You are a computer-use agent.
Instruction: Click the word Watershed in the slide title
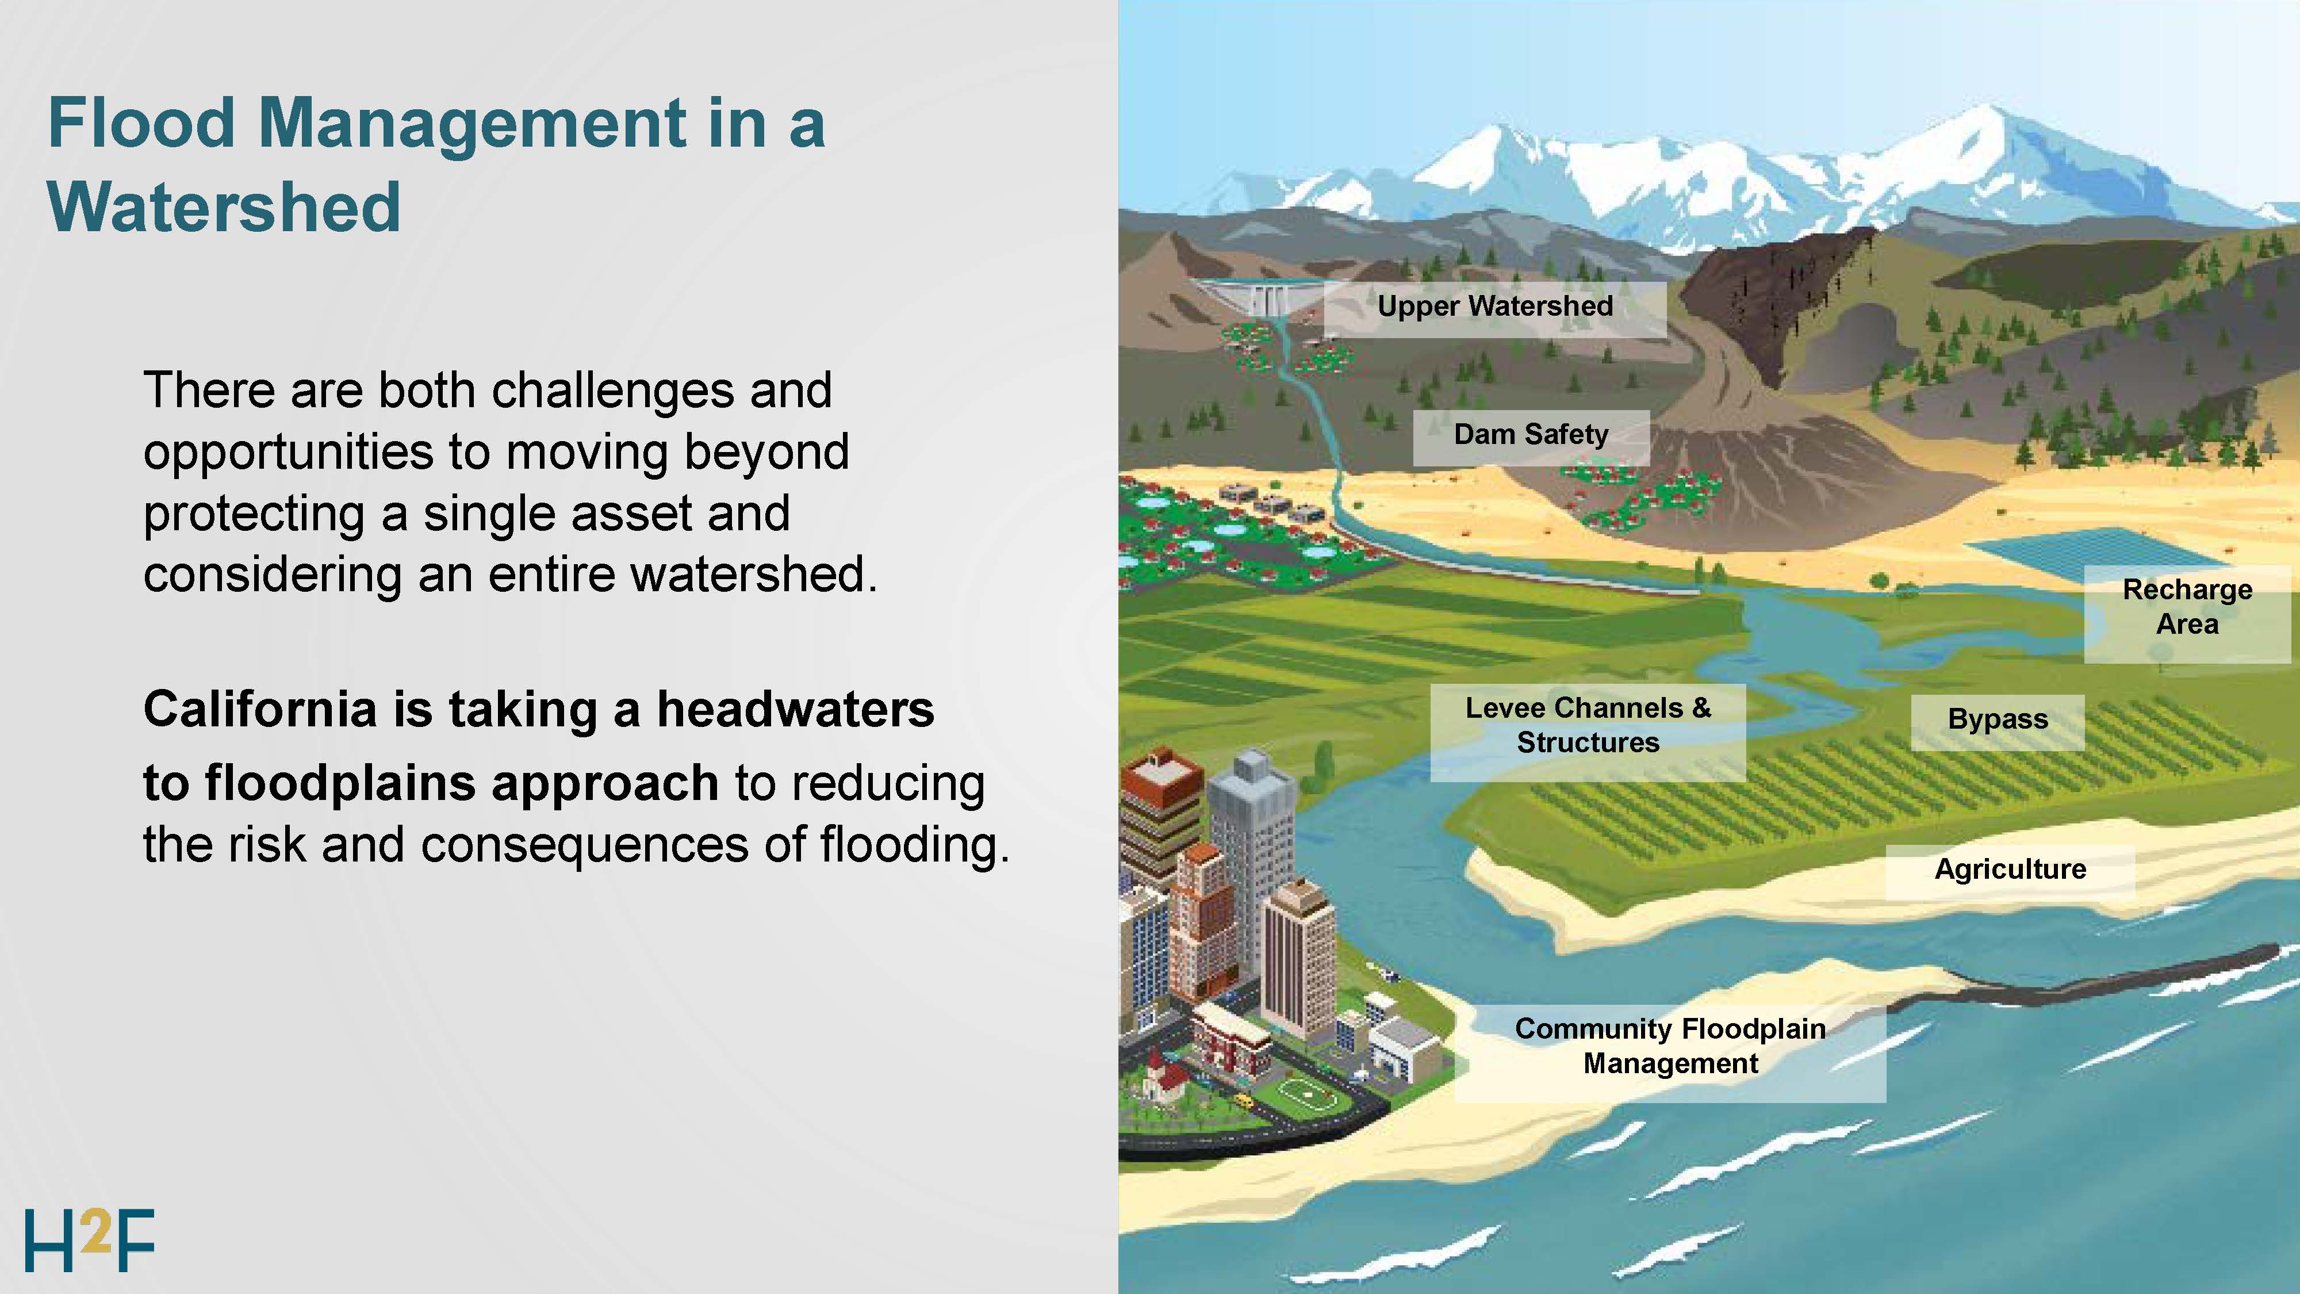pyautogui.click(x=224, y=207)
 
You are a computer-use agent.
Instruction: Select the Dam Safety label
pyautogui.click(x=1531, y=435)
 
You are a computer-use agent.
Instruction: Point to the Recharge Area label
pyautogui.click(x=2187, y=607)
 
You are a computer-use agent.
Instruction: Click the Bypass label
pyautogui.click(x=1998, y=720)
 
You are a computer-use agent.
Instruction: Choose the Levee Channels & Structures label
pyautogui.click(x=1588, y=725)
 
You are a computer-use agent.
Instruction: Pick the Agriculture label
pyautogui.click(x=2010, y=870)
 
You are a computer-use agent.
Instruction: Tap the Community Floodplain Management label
pyautogui.click(x=1670, y=1047)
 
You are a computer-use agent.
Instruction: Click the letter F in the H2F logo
pyautogui.click(x=136, y=1241)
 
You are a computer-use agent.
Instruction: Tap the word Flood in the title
pyautogui.click(x=141, y=122)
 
